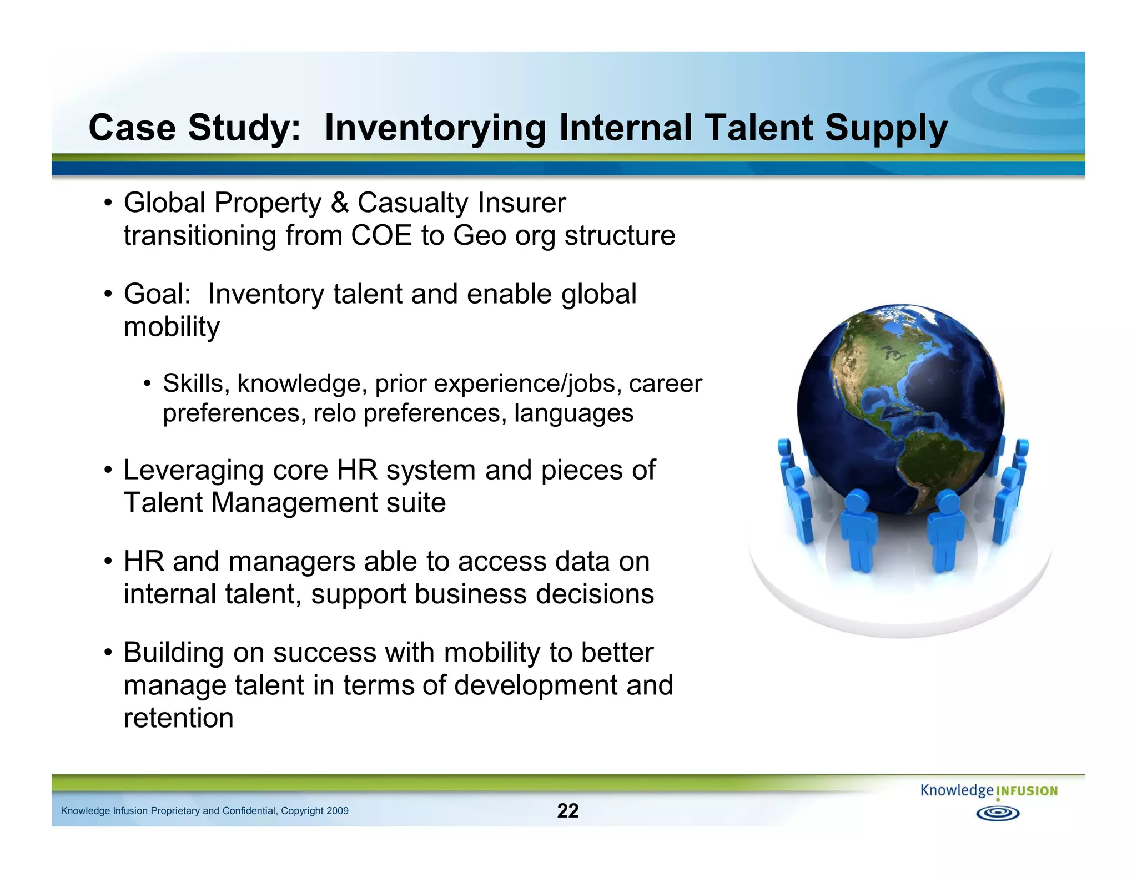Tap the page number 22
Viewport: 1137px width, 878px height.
point(568,810)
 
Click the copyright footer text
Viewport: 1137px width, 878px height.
point(204,811)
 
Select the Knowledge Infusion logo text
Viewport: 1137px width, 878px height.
point(989,790)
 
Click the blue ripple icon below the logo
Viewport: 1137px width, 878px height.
point(998,814)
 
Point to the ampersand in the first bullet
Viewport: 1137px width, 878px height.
point(339,203)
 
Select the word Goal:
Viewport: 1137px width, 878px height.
point(157,294)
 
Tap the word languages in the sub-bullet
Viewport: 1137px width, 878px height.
point(573,413)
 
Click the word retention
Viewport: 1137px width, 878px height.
point(178,718)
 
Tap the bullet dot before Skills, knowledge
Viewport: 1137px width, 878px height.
point(147,384)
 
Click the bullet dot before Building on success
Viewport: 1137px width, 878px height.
point(109,653)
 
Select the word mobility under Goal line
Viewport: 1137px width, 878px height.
point(172,327)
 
